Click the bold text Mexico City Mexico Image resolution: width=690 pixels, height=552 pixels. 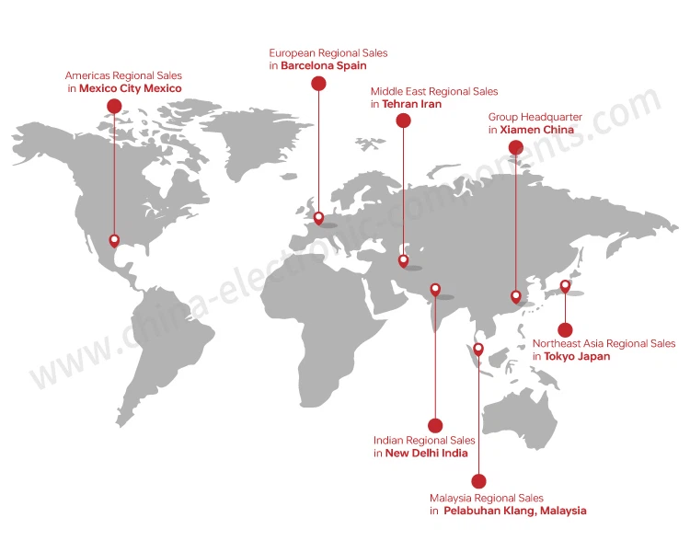pyautogui.click(x=131, y=88)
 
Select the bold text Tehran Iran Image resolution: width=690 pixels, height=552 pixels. pyautogui.click(x=411, y=105)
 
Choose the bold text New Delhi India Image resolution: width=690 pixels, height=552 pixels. pyautogui.click(x=426, y=454)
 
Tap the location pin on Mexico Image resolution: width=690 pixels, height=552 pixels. pyautogui.click(x=114, y=240)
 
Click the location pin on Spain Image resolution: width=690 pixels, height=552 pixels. pyautogui.click(x=318, y=218)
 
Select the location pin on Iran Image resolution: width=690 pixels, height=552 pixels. pyautogui.click(x=403, y=260)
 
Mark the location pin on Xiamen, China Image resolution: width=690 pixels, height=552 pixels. pyautogui.click(x=516, y=295)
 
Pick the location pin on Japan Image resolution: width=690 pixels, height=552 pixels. pyautogui.click(x=565, y=285)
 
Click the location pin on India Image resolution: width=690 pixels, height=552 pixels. pyautogui.click(x=435, y=289)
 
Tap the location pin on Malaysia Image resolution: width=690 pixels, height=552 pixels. pyautogui.click(x=478, y=349)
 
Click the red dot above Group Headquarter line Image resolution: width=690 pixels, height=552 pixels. pyautogui.click(x=515, y=147)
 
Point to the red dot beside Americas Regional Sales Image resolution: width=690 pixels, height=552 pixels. pyautogui.click(x=114, y=106)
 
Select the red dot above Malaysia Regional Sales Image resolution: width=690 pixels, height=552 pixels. pyautogui.click(x=478, y=480)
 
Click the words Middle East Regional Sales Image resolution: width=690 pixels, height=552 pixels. pyautogui.click(x=434, y=91)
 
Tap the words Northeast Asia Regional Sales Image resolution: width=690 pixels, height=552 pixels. pyautogui.click(x=604, y=344)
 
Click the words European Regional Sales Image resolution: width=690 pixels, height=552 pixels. pyautogui.click(x=328, y=53)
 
